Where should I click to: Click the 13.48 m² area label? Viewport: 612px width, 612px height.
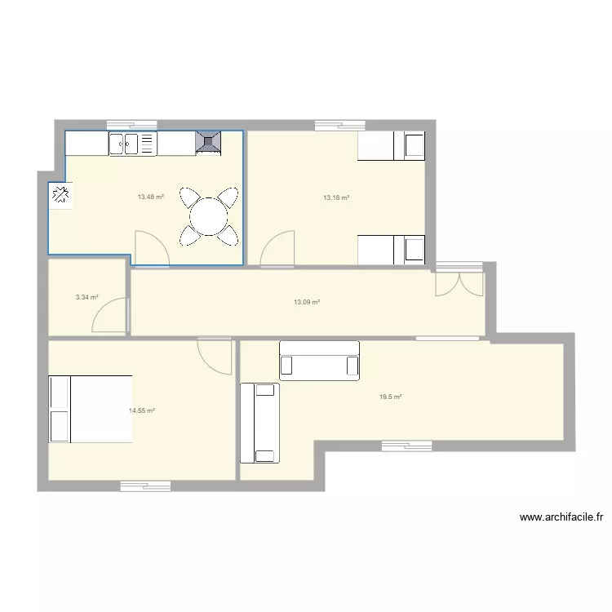click(x=151, y=197)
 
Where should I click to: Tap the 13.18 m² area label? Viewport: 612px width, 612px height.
click(x=336, y=197)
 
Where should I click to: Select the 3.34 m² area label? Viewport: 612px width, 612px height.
click(x=86, y=297)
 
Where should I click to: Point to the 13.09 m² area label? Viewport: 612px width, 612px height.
click(x=307, y=302)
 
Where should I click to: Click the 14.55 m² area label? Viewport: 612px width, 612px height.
click(x=142, y=411)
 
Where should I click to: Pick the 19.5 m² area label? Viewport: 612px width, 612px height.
click(x=390, y=397)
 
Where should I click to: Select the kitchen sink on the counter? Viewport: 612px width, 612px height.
click(x=132, y=144)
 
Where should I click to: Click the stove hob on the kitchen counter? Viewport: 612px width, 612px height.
click(x=208, y=143)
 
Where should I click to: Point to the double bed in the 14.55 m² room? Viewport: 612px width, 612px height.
click(x=91, y=409)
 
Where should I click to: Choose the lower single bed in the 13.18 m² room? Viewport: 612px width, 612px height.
click(x=392, y=250)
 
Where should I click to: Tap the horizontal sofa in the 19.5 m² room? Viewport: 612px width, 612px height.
click(x=319, y=360)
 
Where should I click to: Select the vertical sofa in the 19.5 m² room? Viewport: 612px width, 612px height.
click(x=259, y=423)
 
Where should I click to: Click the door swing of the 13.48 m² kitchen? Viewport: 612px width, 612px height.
click(x=151, y=249)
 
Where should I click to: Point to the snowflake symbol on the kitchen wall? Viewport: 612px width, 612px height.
click(x=60, y=195)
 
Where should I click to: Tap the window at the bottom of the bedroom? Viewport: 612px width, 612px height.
click(x=145, y=486)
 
